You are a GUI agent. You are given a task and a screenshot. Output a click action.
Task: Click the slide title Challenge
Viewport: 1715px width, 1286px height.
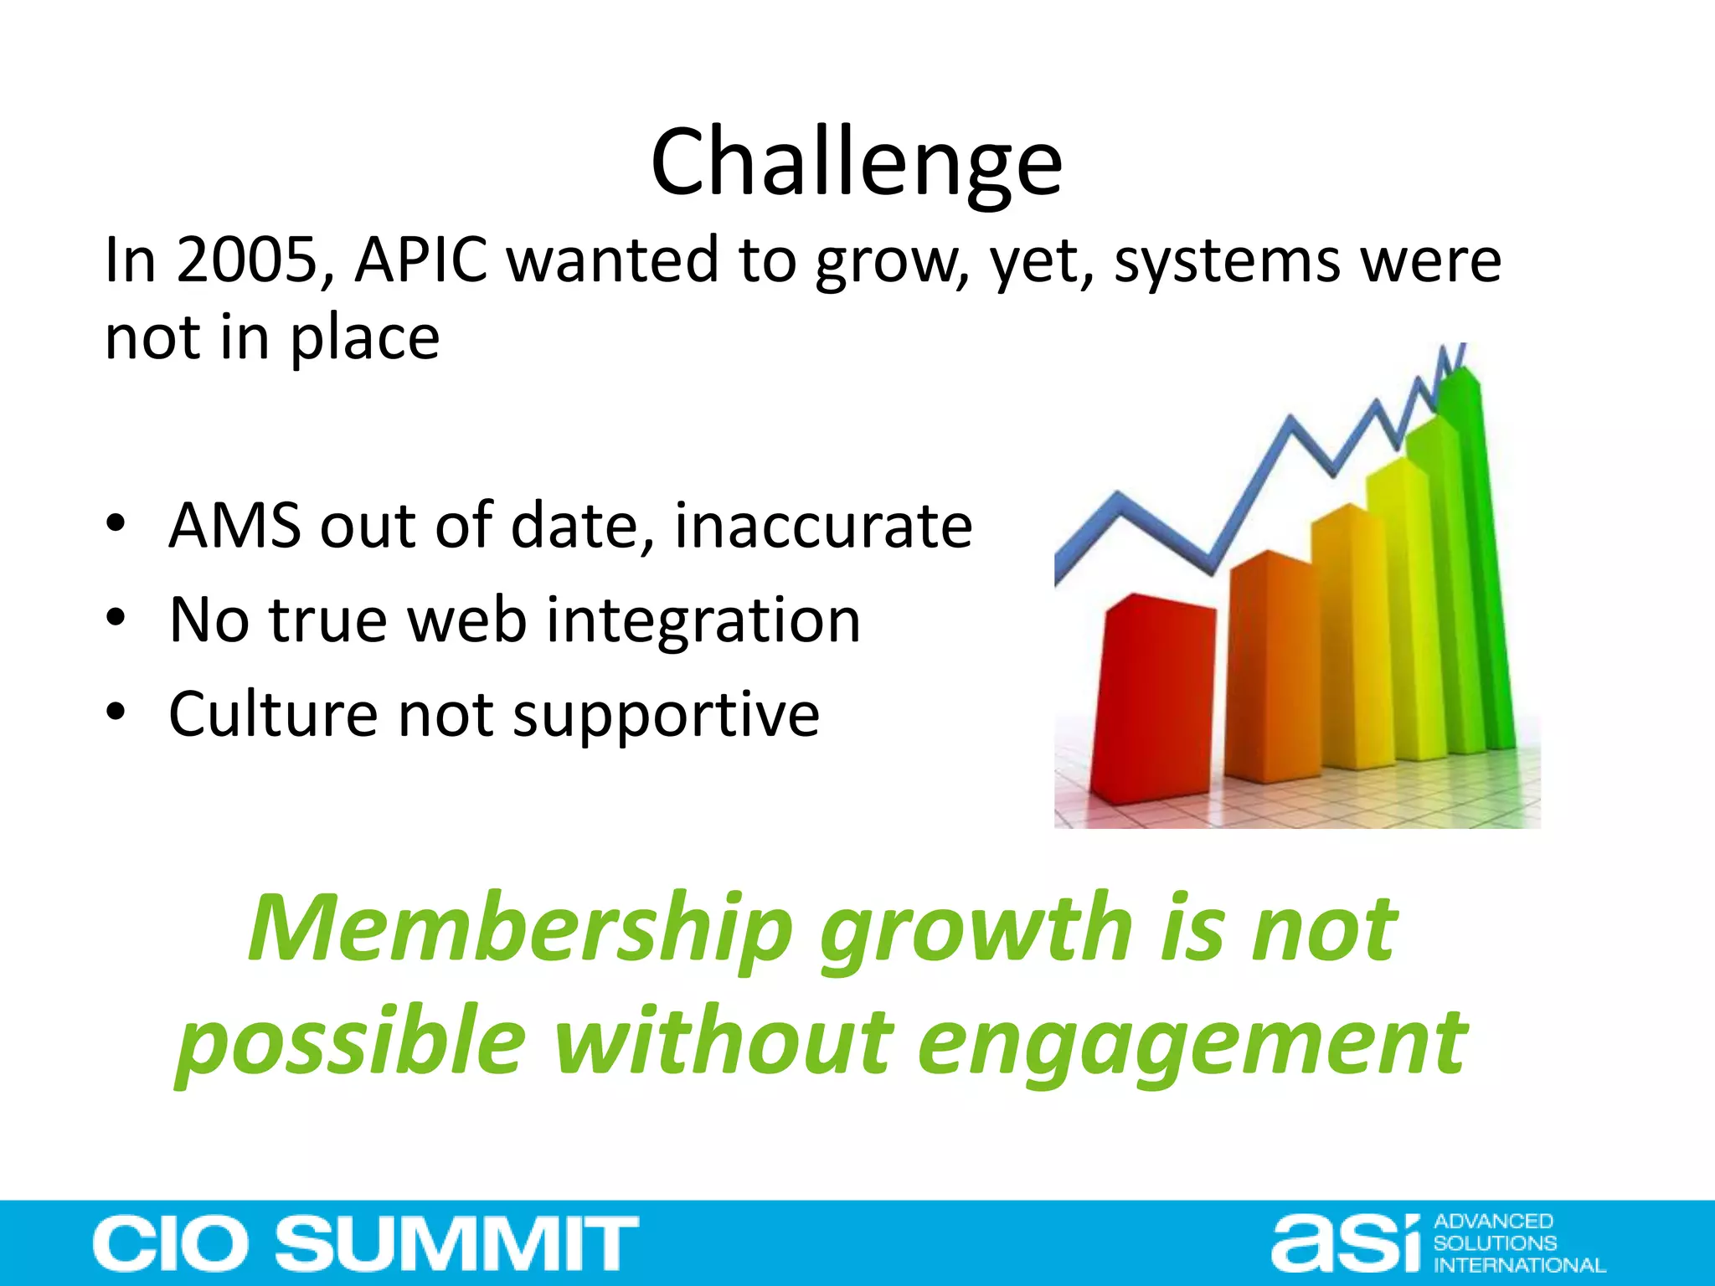pyautogui.click(x=856, y=162)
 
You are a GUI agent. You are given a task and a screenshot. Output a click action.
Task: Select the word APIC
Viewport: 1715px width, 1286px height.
pyautogui.click(x=421, y=260)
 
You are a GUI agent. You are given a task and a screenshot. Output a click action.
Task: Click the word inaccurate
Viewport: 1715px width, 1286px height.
pyautogui.click(x=823, y=526)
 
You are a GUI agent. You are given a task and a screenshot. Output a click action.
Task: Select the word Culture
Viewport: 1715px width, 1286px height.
pyautogui.click(x=273, y=714)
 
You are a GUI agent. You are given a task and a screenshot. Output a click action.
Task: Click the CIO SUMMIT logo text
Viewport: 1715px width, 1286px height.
pyautogui.click(x=366, y=1243)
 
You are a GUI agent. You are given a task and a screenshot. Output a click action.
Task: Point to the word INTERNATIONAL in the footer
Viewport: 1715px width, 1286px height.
pyautogui.click(x=1519, y=1265)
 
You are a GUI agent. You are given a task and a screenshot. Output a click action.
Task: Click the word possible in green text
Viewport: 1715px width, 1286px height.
pyautogui.click(x=352, y=1045)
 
